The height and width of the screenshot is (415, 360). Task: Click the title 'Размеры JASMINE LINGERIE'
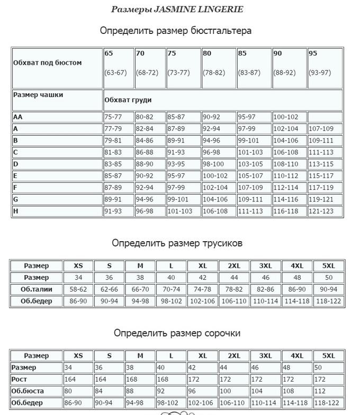(177, 10)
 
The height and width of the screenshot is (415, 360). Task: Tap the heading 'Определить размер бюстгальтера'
(176, 31)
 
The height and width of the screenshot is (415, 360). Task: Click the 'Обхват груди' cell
(222, 100)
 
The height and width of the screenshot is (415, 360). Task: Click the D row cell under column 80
(218, 164)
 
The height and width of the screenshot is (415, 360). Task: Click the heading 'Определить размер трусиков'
(177, 243)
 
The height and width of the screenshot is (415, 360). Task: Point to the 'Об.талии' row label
(36, 289)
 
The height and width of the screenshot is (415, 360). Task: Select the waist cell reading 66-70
(140, 289)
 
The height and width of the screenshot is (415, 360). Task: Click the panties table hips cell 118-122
(329, 301)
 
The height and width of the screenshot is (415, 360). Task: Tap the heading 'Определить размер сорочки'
(177, 333)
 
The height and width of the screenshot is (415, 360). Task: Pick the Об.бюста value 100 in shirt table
(233, 391)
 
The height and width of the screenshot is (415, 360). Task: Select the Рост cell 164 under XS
(78, 379)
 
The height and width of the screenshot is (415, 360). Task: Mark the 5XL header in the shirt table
(329, 356)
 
